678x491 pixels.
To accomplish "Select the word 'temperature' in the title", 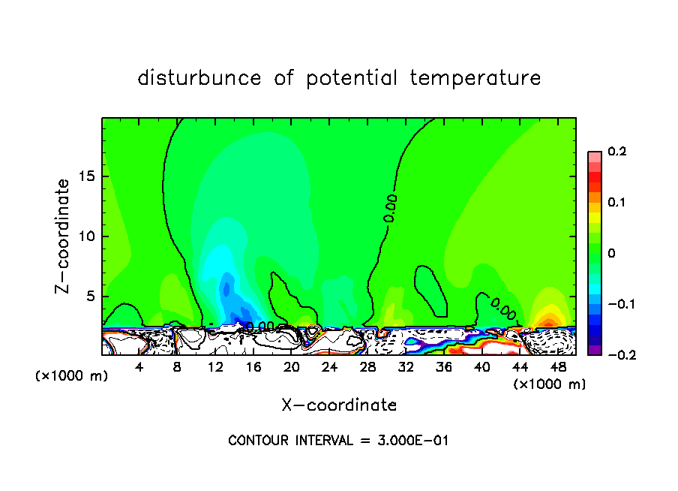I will (x=475, y=78).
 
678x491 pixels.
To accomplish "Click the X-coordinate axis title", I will (x=339, y=405).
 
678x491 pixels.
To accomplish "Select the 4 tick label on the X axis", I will (x=139, y=367).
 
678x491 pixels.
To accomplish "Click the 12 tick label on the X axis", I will (x=216, y=367).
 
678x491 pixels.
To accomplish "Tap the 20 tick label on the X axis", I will (x=292, y=367).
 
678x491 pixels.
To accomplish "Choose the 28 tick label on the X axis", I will (x=368, y=367).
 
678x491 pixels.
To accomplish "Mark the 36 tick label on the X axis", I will (x=444, y=367).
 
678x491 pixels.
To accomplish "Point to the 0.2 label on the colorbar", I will (x=616, y=152).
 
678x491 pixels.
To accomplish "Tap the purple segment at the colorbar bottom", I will (x=594, y=349).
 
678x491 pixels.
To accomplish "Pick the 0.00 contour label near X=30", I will (x=391, y=208).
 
